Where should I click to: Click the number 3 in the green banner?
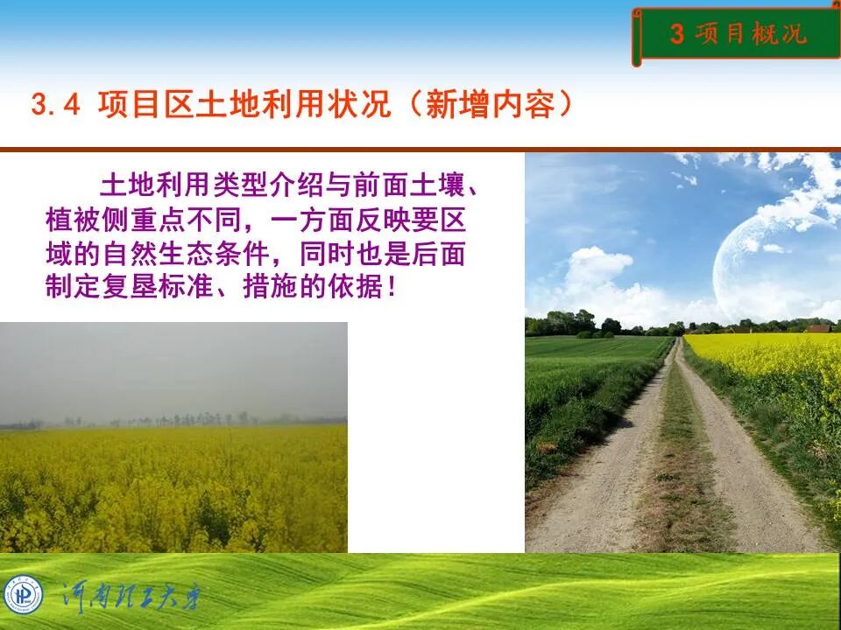[676, 34]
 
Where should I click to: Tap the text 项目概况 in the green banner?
[750, 34]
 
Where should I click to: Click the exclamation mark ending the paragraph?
[391, 288]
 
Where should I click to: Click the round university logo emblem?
[24, 595]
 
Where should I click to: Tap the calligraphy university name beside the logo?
[131, 597]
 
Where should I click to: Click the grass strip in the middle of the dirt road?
[679, 464]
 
